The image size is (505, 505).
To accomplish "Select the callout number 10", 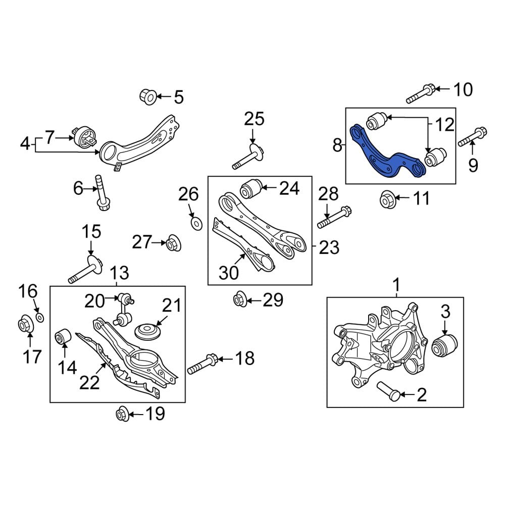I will [462, 90].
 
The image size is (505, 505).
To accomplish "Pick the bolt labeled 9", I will [472, 137].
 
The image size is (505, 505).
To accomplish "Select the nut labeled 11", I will [387, 199].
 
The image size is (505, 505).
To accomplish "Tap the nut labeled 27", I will [173, 243].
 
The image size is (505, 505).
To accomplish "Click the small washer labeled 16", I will [40, 318].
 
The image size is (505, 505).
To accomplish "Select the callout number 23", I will [329, 247].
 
